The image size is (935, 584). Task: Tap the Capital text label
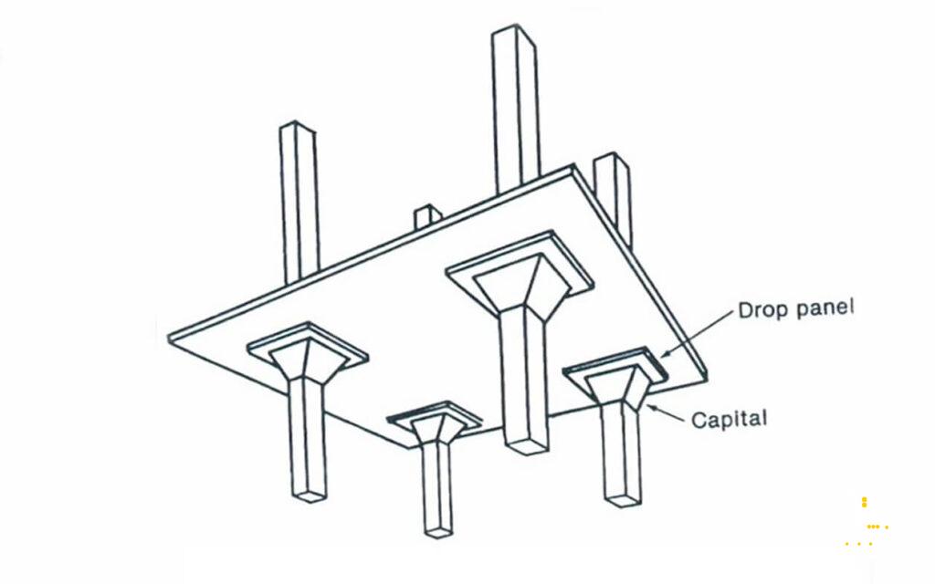coord(729,420)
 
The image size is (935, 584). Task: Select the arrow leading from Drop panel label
coord(697,334)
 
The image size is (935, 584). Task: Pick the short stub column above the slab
coord(428,217)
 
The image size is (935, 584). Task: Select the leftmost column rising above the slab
coord(299,203)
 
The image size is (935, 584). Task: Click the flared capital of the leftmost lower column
coord(307,360)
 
